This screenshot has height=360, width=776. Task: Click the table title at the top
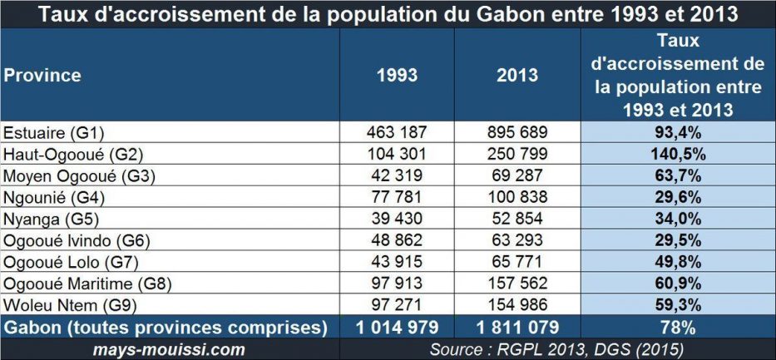pos(388,14)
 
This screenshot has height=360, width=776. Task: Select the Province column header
pos(42,75)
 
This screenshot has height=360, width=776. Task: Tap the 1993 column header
pos(397,75)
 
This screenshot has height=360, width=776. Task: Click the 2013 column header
pos(517,75)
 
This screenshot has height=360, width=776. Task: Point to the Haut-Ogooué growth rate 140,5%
pos(678,154)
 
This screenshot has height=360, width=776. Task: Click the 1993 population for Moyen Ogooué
pos(397,175)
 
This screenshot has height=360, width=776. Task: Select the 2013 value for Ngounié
pos(517,197)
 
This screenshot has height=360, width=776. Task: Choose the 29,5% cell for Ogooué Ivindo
pos(678,240)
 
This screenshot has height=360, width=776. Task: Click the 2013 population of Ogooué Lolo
pos(517,262)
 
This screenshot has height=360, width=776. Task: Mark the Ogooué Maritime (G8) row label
pos(87,284)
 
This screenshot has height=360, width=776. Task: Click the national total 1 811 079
pos(517,327)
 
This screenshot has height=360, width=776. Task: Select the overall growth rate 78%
pos(678,327)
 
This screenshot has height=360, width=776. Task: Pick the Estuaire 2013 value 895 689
pos(517,132)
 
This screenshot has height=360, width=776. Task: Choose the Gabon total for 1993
pos(397,327)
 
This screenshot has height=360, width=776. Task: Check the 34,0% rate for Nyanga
pos(678,219)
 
